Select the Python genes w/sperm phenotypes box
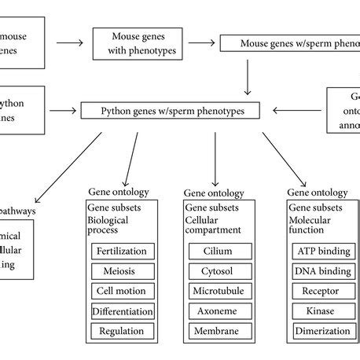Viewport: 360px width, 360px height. (172, 112)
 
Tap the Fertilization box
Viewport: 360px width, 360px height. (123, 252)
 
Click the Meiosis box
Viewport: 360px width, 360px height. (123, 271)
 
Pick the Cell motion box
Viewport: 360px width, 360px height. (123, 291)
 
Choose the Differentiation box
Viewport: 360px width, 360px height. (123, 311)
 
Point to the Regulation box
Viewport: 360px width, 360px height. (123, 331)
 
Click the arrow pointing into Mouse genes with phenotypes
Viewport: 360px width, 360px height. (68, 44)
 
